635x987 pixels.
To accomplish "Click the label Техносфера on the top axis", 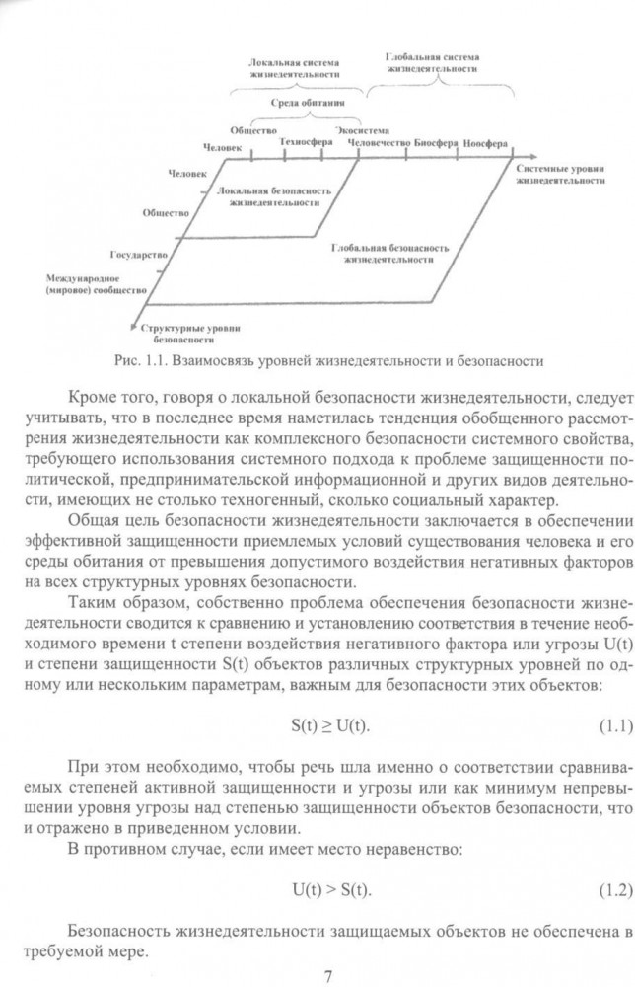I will tap(304, 141).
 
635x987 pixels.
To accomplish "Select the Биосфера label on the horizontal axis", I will tap(436, 142).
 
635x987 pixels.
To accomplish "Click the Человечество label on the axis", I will tap(379, 142).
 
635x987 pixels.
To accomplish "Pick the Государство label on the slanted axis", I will tap(139, 255).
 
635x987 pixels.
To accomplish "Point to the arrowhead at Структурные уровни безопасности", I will tap(135, 325).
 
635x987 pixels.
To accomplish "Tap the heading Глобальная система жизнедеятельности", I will tap(434, 65).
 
